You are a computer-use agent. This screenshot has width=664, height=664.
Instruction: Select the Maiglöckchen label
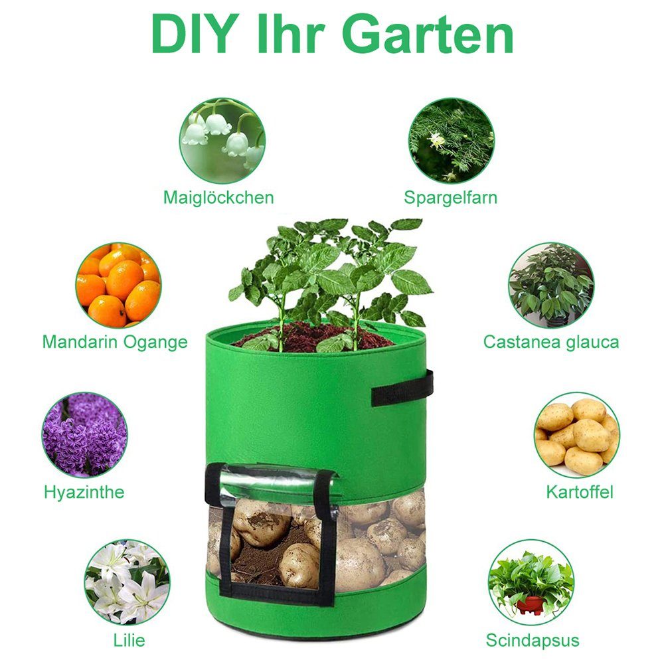click(x=218, y=197)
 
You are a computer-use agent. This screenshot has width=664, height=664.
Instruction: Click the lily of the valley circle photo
click(x=222, y=141)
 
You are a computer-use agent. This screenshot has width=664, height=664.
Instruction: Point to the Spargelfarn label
click(x=451, y=197)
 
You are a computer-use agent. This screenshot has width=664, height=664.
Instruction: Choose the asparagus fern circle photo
click(x=452, y=141)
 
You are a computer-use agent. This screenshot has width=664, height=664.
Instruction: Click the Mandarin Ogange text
click(x=115, y=342)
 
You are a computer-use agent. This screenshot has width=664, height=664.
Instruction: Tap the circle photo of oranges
click(x=118, y=285)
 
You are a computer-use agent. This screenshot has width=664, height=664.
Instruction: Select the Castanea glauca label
click(x=550, y=342)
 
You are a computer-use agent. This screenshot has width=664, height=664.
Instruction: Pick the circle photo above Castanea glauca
click(x=551, y=285)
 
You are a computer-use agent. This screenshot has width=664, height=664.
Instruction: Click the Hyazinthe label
click(x=84, y=492)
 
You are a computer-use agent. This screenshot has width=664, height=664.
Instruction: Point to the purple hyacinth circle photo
click(x=84, y=435)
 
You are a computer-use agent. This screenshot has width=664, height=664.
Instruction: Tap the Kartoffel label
click(x=580, y=492)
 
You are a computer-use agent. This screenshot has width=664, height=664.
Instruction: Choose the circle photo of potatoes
click(x=577, y=435)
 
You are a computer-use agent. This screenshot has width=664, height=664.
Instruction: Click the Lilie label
click(x=129, y=640)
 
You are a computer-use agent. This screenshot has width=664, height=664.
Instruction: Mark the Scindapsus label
click(x=533, y=640)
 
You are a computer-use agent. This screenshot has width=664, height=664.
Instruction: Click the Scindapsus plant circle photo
click(x=531, y=582)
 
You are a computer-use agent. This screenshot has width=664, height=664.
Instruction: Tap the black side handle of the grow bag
click(x=402, y=388)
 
